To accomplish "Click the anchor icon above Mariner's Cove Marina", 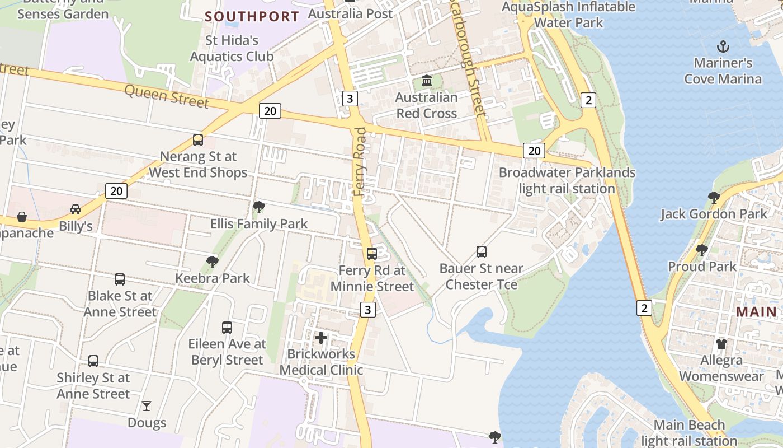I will click(x=723, y=46).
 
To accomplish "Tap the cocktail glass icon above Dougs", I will click(x=147, y=405).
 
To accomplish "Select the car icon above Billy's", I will click(x=76, y=209).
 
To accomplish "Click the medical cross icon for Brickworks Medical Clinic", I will click(x=321, y=338).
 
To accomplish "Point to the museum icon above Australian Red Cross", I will click(x=427, y=81).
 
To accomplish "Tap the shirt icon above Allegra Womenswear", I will click(x=721, y=343).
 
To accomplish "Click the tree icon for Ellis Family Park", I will click(x=258, y=207).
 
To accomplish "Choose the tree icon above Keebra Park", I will click(x=212, y=262).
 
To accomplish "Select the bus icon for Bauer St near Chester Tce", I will click(x=481, y=252).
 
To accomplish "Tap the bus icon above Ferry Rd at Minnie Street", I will click(x=372, y=254).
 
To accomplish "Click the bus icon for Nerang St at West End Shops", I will click(x=198, y=140).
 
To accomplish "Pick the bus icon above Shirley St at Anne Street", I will click(x=93, y=361).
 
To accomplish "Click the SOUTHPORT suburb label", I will click(x=252, y=16).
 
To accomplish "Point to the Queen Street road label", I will click(x=167, y=96).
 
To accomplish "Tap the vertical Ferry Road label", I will click(x=361, y=162).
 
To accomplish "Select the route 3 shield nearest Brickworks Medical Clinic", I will click(x=367, y=309).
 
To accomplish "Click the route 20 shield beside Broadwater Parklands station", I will click(x=534, y=150).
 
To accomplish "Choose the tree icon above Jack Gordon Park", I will click(x=714, y=197).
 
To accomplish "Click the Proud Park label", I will click(x=702, y=267).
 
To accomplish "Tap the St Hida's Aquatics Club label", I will click(x=232, y=48).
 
